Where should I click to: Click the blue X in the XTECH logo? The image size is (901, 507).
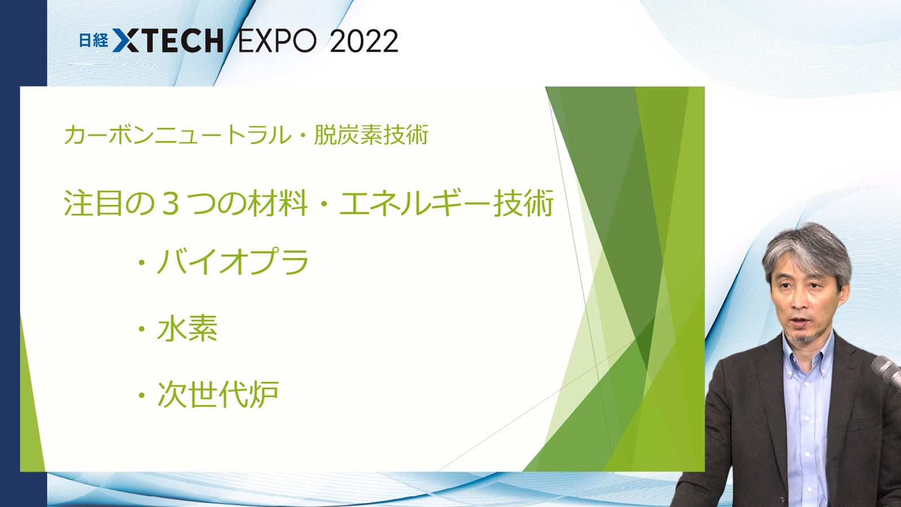click(124, 40)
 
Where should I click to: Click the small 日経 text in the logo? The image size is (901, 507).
click(93, 40)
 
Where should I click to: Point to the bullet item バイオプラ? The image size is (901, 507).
click(233, 261)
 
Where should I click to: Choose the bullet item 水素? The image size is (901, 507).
click(188, 328)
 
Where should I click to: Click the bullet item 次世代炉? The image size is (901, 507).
click(218, 394)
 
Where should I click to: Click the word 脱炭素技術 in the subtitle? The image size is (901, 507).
click(371, 134)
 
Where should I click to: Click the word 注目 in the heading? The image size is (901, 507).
click(93, 203)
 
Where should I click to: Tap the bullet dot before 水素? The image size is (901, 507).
click(141, 329)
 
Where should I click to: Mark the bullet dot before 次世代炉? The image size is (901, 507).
click(141, 395)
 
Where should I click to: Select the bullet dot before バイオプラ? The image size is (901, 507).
click(141, 263)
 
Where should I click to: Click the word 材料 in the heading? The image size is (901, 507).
click(278, 203)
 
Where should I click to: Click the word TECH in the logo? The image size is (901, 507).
click(181, 41)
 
